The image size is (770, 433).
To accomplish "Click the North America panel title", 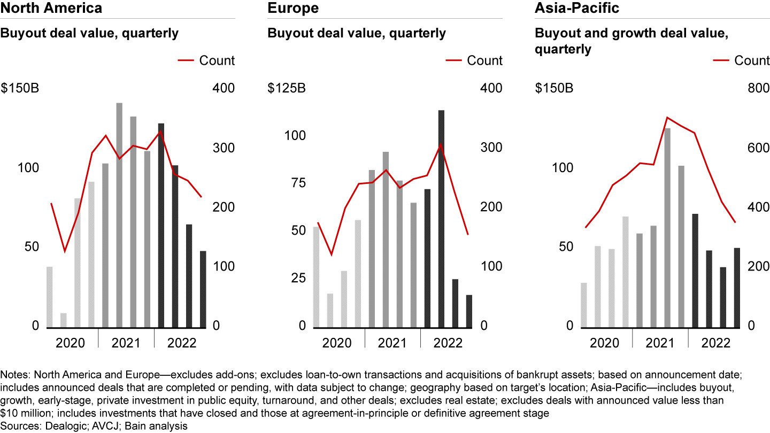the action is coord(51,8).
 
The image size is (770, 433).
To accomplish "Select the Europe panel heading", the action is coord(293,8).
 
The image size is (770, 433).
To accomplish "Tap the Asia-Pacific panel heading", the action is coord(577,8).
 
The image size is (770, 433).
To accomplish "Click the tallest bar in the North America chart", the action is coord(119,215).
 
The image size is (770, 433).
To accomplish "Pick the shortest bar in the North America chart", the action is coord(64,321).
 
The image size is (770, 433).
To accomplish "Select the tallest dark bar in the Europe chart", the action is coord(441,219).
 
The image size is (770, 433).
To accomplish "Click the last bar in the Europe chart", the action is coord(469,312).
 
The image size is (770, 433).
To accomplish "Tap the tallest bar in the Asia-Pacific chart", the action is coord(667,228).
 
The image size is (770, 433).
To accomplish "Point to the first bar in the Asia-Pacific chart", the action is coord(584,306).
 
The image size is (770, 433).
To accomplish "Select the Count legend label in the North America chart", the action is coord(217,60).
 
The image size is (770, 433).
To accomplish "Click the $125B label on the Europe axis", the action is coord(287,88).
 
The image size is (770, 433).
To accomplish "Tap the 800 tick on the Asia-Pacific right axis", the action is coord(759,88).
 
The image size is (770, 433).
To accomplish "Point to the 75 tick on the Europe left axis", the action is coord(298,183).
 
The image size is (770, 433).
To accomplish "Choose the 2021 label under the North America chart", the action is coord(126,343).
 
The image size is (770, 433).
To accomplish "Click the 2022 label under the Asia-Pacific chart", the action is coord(715,343).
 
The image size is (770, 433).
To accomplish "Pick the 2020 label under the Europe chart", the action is coord(337,343).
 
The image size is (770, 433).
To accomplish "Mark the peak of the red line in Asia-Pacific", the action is coord(667,118).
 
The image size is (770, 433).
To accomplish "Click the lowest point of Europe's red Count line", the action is coord(332,255).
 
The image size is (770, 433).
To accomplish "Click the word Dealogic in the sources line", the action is coord(66,426).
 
